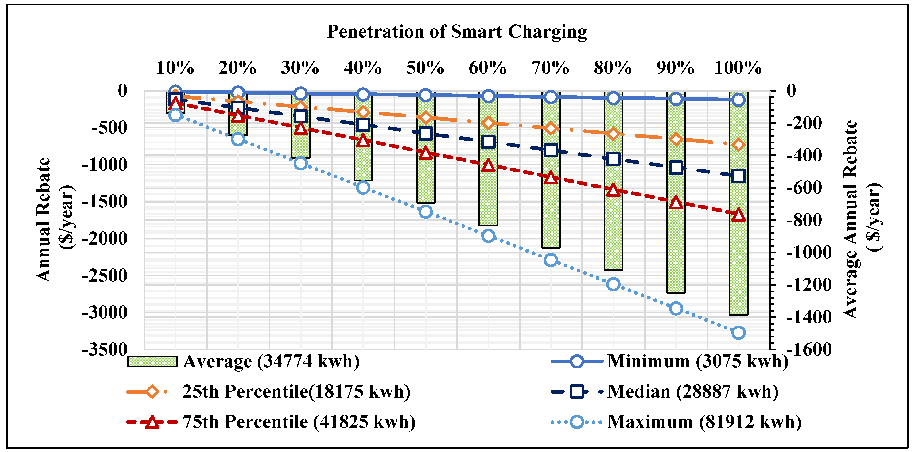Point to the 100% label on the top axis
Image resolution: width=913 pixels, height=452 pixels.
pyautogui.click(x=738, y=68)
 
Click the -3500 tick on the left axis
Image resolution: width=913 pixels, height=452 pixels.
pyautogui.click(x=105, y=350)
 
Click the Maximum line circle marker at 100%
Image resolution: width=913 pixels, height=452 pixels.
pyautogui.click(x=738, y=333)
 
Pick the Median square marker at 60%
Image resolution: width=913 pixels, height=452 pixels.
pyautogui.click(x=488, y=142)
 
